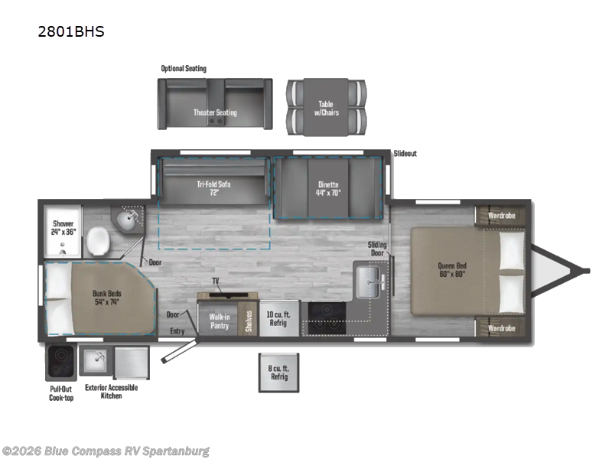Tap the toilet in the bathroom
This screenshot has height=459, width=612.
(97, 243)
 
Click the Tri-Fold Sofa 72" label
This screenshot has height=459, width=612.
(213, 188)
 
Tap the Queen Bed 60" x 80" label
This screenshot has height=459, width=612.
(451, 270)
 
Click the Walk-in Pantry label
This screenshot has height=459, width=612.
(220, 321)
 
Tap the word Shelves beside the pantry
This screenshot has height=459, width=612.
(249, 320)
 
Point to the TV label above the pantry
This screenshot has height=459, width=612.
(216, 282)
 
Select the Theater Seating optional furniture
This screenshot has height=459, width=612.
(214, 112)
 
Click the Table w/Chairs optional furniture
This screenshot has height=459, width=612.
(326, 108)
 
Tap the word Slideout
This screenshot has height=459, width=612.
(405, 154)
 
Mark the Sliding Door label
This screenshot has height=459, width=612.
(377, 249)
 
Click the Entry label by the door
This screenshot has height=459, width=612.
(177, 330)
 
